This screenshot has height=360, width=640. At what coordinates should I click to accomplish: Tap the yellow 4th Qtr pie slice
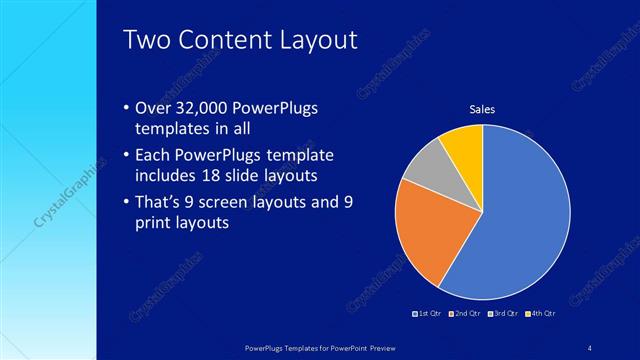(x=465, y=145)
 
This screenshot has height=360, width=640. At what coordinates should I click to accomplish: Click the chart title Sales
(x=482, y=109)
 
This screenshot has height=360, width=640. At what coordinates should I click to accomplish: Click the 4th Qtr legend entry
(x=539, y=313)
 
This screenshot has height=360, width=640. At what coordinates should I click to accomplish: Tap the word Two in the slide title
(x=147, y=41)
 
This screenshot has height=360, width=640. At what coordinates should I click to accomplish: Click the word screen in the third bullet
(x=238, y=201)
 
